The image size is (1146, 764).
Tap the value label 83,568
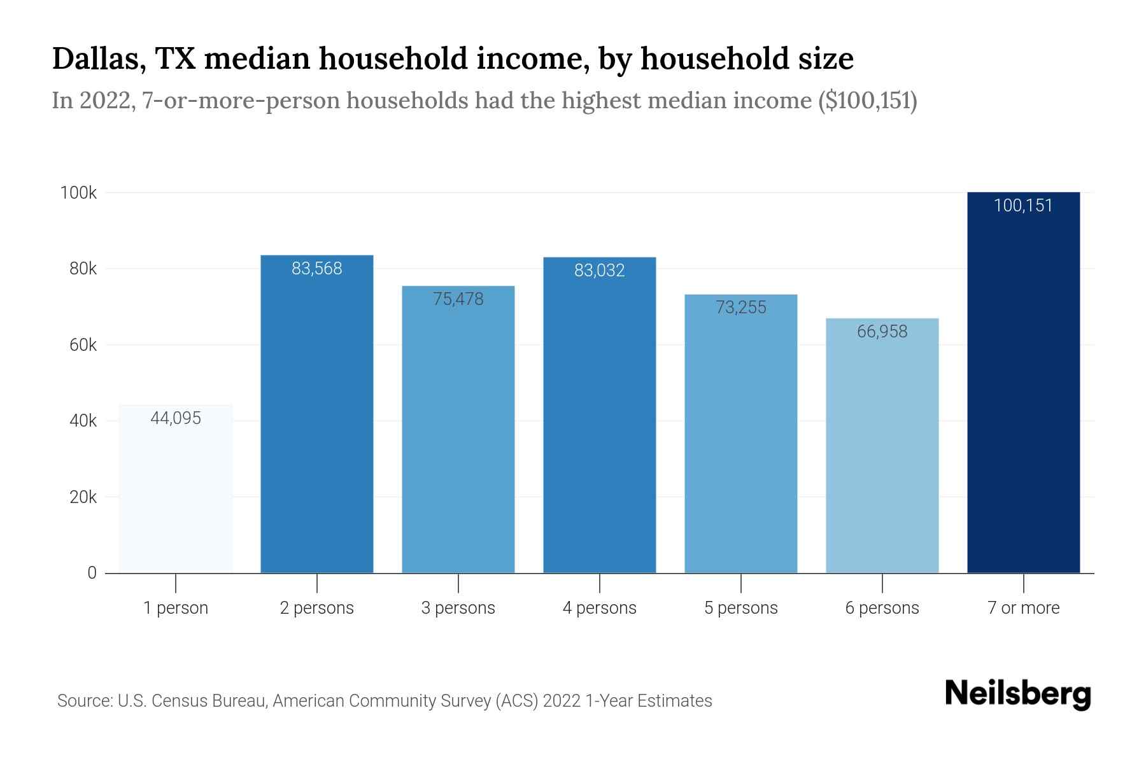click(x=317, y=269)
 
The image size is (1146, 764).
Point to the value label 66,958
click(x=882, y=332)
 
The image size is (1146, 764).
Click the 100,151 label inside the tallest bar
click(x=1023, y=206)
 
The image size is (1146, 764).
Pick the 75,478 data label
click(x=458, y=299)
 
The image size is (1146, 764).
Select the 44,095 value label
click(x=176, y=418)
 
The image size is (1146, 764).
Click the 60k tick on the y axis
click(x=83, y=345)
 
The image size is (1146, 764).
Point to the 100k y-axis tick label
click(x=78, y=193)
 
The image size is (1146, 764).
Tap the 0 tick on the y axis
click(x=92, y=573)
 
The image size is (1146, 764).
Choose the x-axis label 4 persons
click(x=599, y=608)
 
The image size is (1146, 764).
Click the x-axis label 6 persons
click(x=882, y=608)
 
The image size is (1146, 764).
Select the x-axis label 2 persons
click(x=317, y=608)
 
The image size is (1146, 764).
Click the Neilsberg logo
click(x=1017, y=695)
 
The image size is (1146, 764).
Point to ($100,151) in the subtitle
click(x=867, y=101)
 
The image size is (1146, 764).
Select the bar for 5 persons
click(x=740, y=446)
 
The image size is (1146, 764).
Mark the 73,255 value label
click(x=740, y=308)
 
